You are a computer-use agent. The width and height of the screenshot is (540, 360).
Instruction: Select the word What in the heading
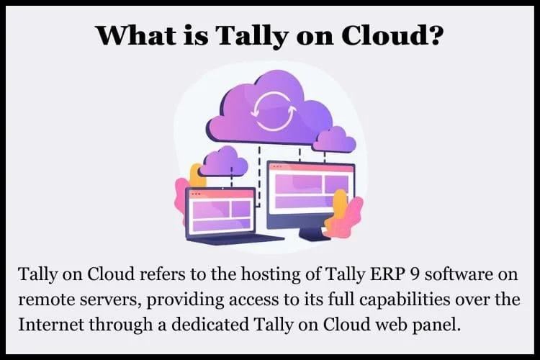[136, 35]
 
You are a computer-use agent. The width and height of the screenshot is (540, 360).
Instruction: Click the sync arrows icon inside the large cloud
[274, 111]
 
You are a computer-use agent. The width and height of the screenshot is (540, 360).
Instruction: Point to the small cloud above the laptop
[223, 161]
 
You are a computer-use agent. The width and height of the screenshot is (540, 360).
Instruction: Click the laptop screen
[221, 212]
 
